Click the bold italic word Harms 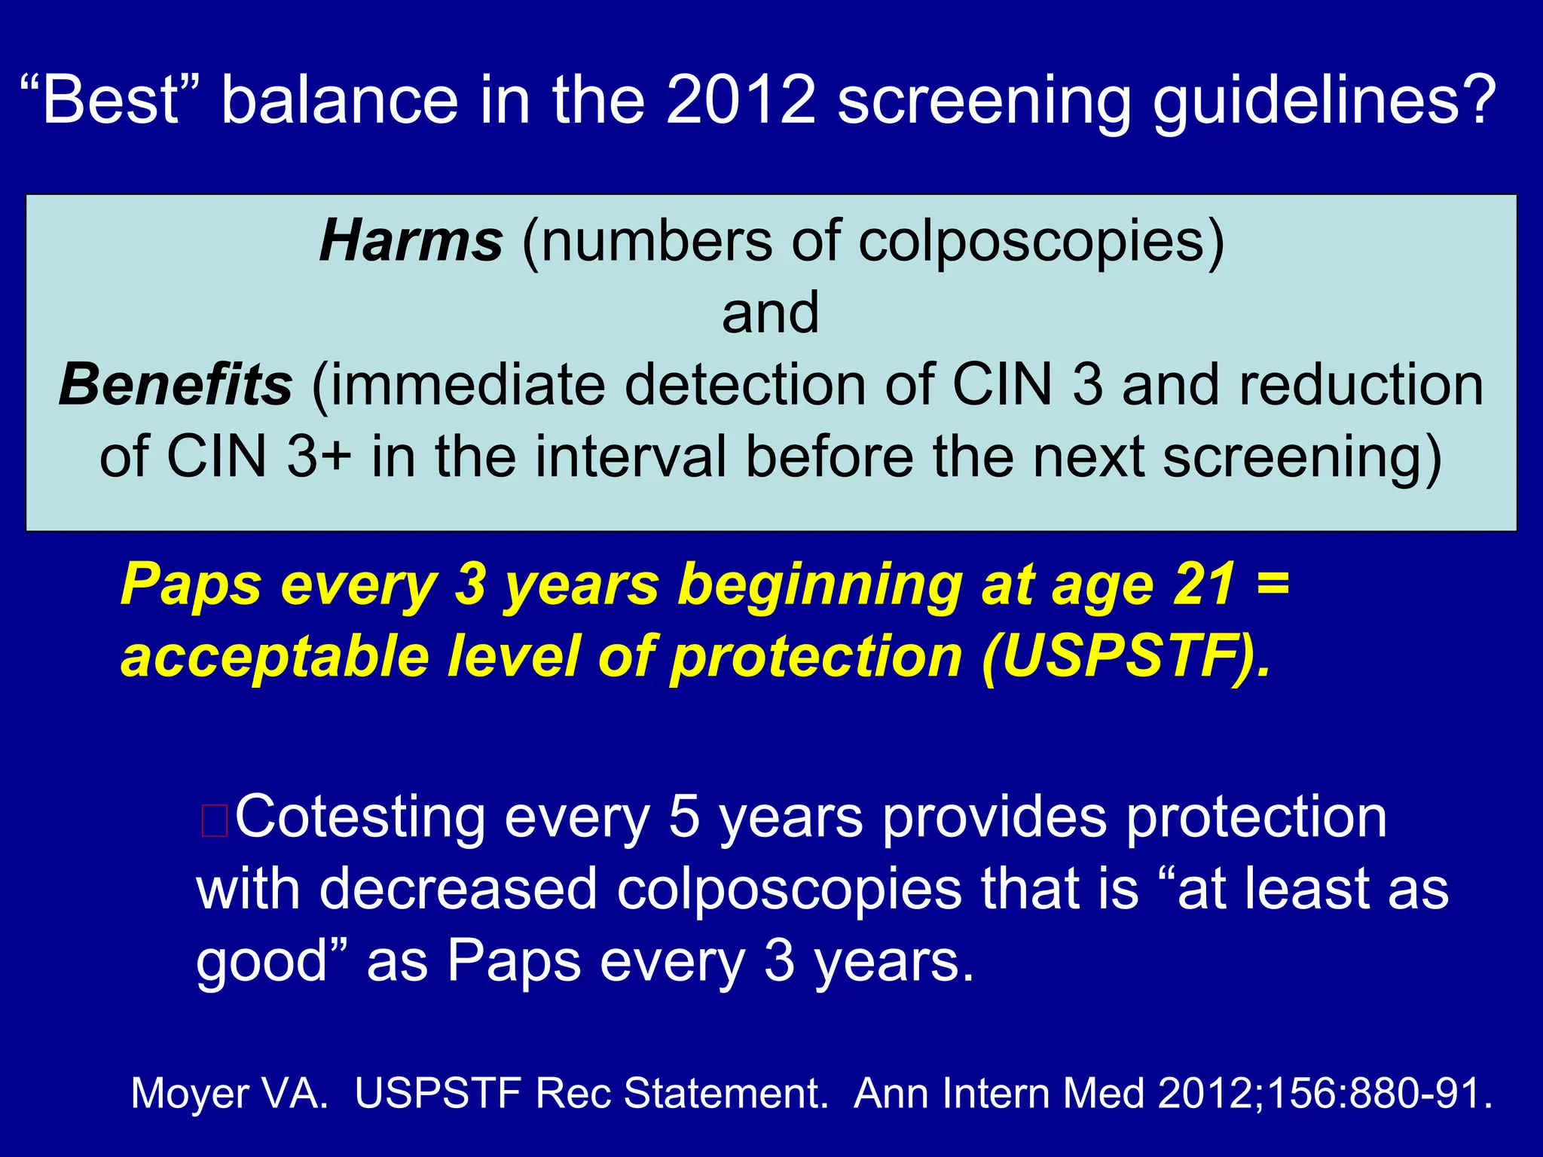(411, 242)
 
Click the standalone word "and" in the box (770, 313)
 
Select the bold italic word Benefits (176, 385)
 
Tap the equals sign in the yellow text (1273, 585)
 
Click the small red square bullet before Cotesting (214, 821)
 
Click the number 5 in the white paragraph (684, 818)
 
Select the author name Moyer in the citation (189, 1093)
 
